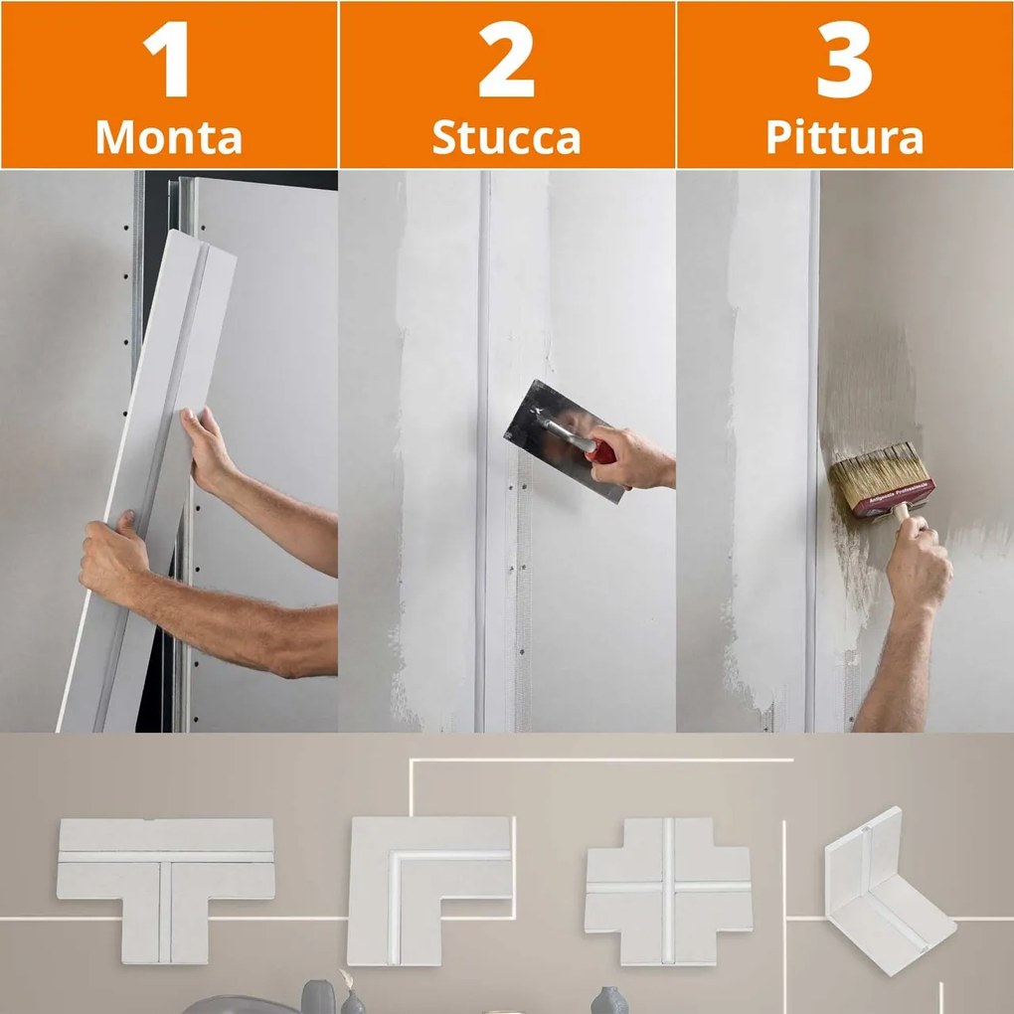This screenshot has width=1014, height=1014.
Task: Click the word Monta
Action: pos(169,138)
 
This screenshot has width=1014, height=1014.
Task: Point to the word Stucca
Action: pos(507,138)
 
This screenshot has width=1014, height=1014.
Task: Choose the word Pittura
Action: pos(845,138)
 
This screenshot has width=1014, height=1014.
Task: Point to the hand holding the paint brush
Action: pos(917,567)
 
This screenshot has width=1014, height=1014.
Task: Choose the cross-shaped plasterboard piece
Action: pos(667,891)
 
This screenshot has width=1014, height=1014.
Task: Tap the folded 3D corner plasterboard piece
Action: pos(885,890)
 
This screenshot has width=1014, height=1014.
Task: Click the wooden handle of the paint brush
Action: pos(902,514)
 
